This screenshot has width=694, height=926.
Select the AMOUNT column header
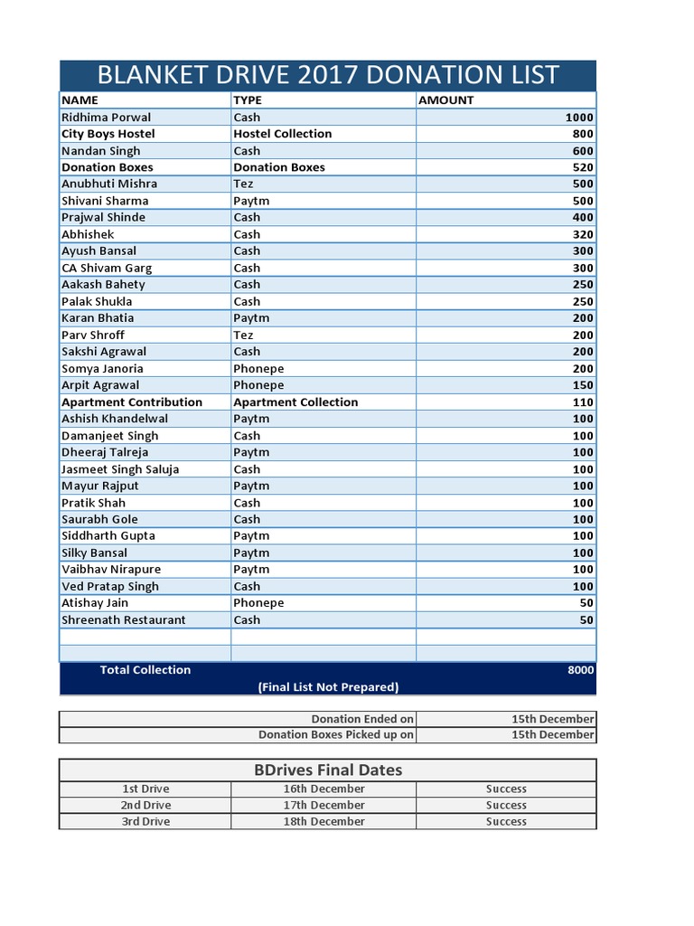445,100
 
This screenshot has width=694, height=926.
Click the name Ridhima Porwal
106,118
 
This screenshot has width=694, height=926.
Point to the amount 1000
578,118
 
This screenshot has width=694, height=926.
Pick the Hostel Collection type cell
282,134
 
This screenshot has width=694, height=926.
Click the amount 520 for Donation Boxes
583,167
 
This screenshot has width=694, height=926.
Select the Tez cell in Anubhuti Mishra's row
244,184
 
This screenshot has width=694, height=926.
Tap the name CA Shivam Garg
107,268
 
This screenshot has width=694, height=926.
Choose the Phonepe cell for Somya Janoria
258,368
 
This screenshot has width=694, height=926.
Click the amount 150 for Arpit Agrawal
583,385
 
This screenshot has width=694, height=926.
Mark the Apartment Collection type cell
295,402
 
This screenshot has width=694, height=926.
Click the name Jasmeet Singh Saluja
120,469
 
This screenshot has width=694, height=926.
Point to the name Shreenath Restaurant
123,620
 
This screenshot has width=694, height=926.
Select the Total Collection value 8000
580,670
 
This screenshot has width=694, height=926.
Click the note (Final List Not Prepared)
328,687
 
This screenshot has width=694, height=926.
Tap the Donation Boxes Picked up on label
336,735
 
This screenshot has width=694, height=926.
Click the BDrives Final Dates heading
327,770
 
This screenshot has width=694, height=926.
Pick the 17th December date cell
324,805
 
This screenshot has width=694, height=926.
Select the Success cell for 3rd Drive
506,822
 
